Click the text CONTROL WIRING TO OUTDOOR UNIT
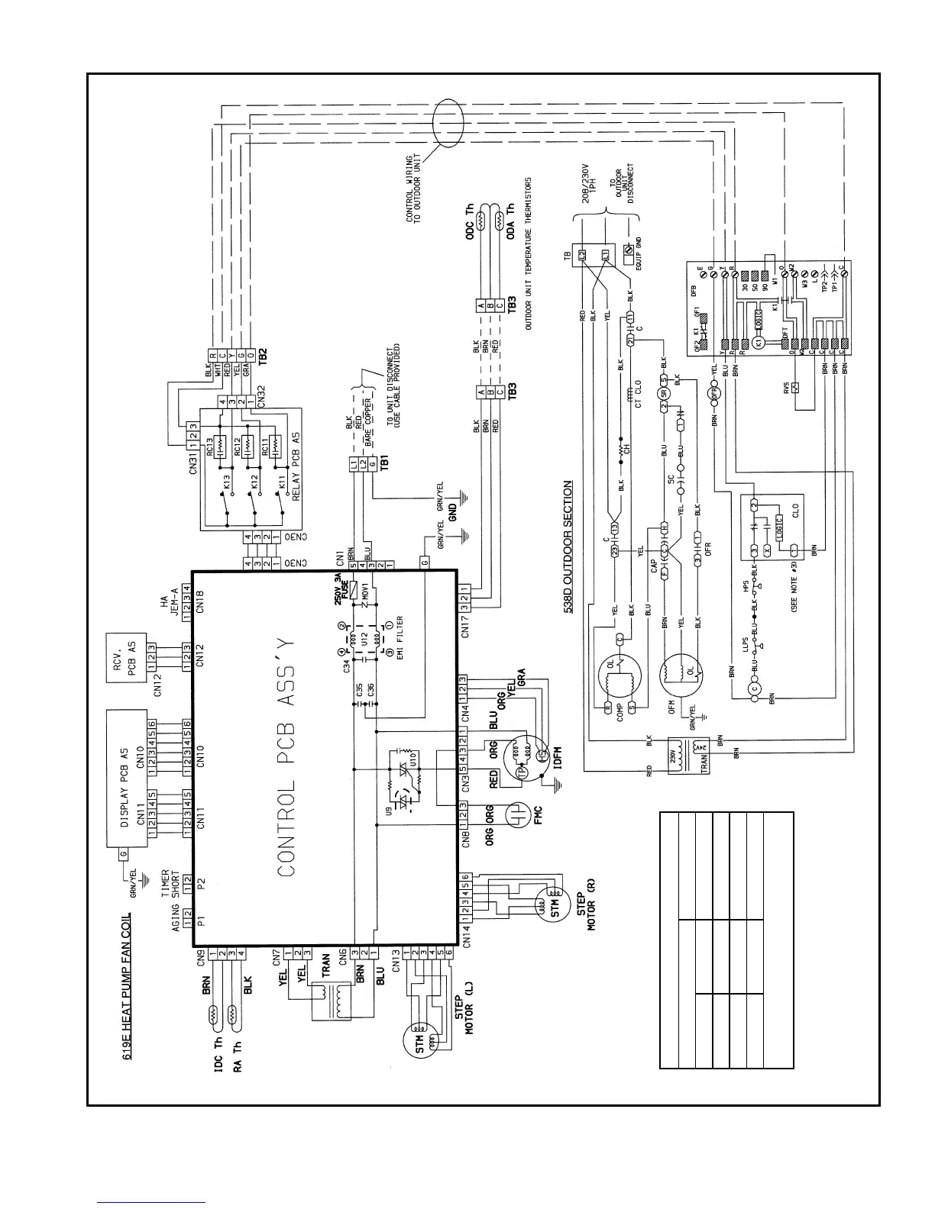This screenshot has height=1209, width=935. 419,189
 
